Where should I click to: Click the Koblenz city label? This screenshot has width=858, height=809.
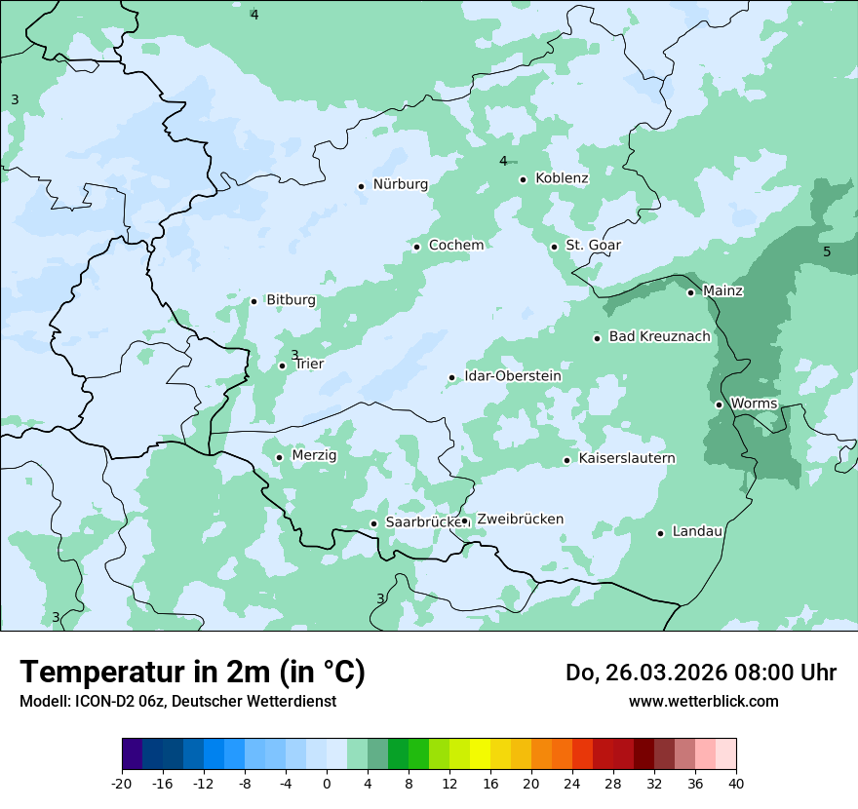tap(562, 178)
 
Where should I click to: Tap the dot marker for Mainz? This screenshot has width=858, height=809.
tap(690, 292)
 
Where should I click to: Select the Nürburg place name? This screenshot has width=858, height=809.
tap(400, 184)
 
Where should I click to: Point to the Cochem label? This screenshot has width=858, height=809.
tap(455, 246)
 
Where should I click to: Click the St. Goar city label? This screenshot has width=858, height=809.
tap(593, 246)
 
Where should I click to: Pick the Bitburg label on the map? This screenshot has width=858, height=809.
tap(291, 300)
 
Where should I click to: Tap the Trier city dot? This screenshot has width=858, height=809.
tap(283, 366)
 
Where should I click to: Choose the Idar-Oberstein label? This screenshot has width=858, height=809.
tap(512, 376)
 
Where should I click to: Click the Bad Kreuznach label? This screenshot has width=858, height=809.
tap(659, 337)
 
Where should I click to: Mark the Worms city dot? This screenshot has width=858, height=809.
tap(719, 404)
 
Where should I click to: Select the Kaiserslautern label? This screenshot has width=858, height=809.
tap(626, 459)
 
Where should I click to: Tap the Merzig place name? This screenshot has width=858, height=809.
tap(314, 455)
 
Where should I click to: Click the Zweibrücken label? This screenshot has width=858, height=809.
tap(520, 520)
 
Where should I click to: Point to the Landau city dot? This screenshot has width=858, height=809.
tap(660, 533)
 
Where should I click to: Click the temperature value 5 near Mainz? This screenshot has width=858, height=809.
tap(827, 252)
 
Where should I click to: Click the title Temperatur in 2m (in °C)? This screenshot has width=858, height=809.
tap(192, 673)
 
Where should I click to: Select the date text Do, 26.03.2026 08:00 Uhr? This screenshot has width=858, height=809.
tap(700, 674)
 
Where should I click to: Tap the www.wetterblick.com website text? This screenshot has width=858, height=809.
tap(703, 702)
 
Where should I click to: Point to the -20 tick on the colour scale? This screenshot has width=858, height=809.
tap(122, 783)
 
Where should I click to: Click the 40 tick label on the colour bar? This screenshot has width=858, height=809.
tap(735, 783)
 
